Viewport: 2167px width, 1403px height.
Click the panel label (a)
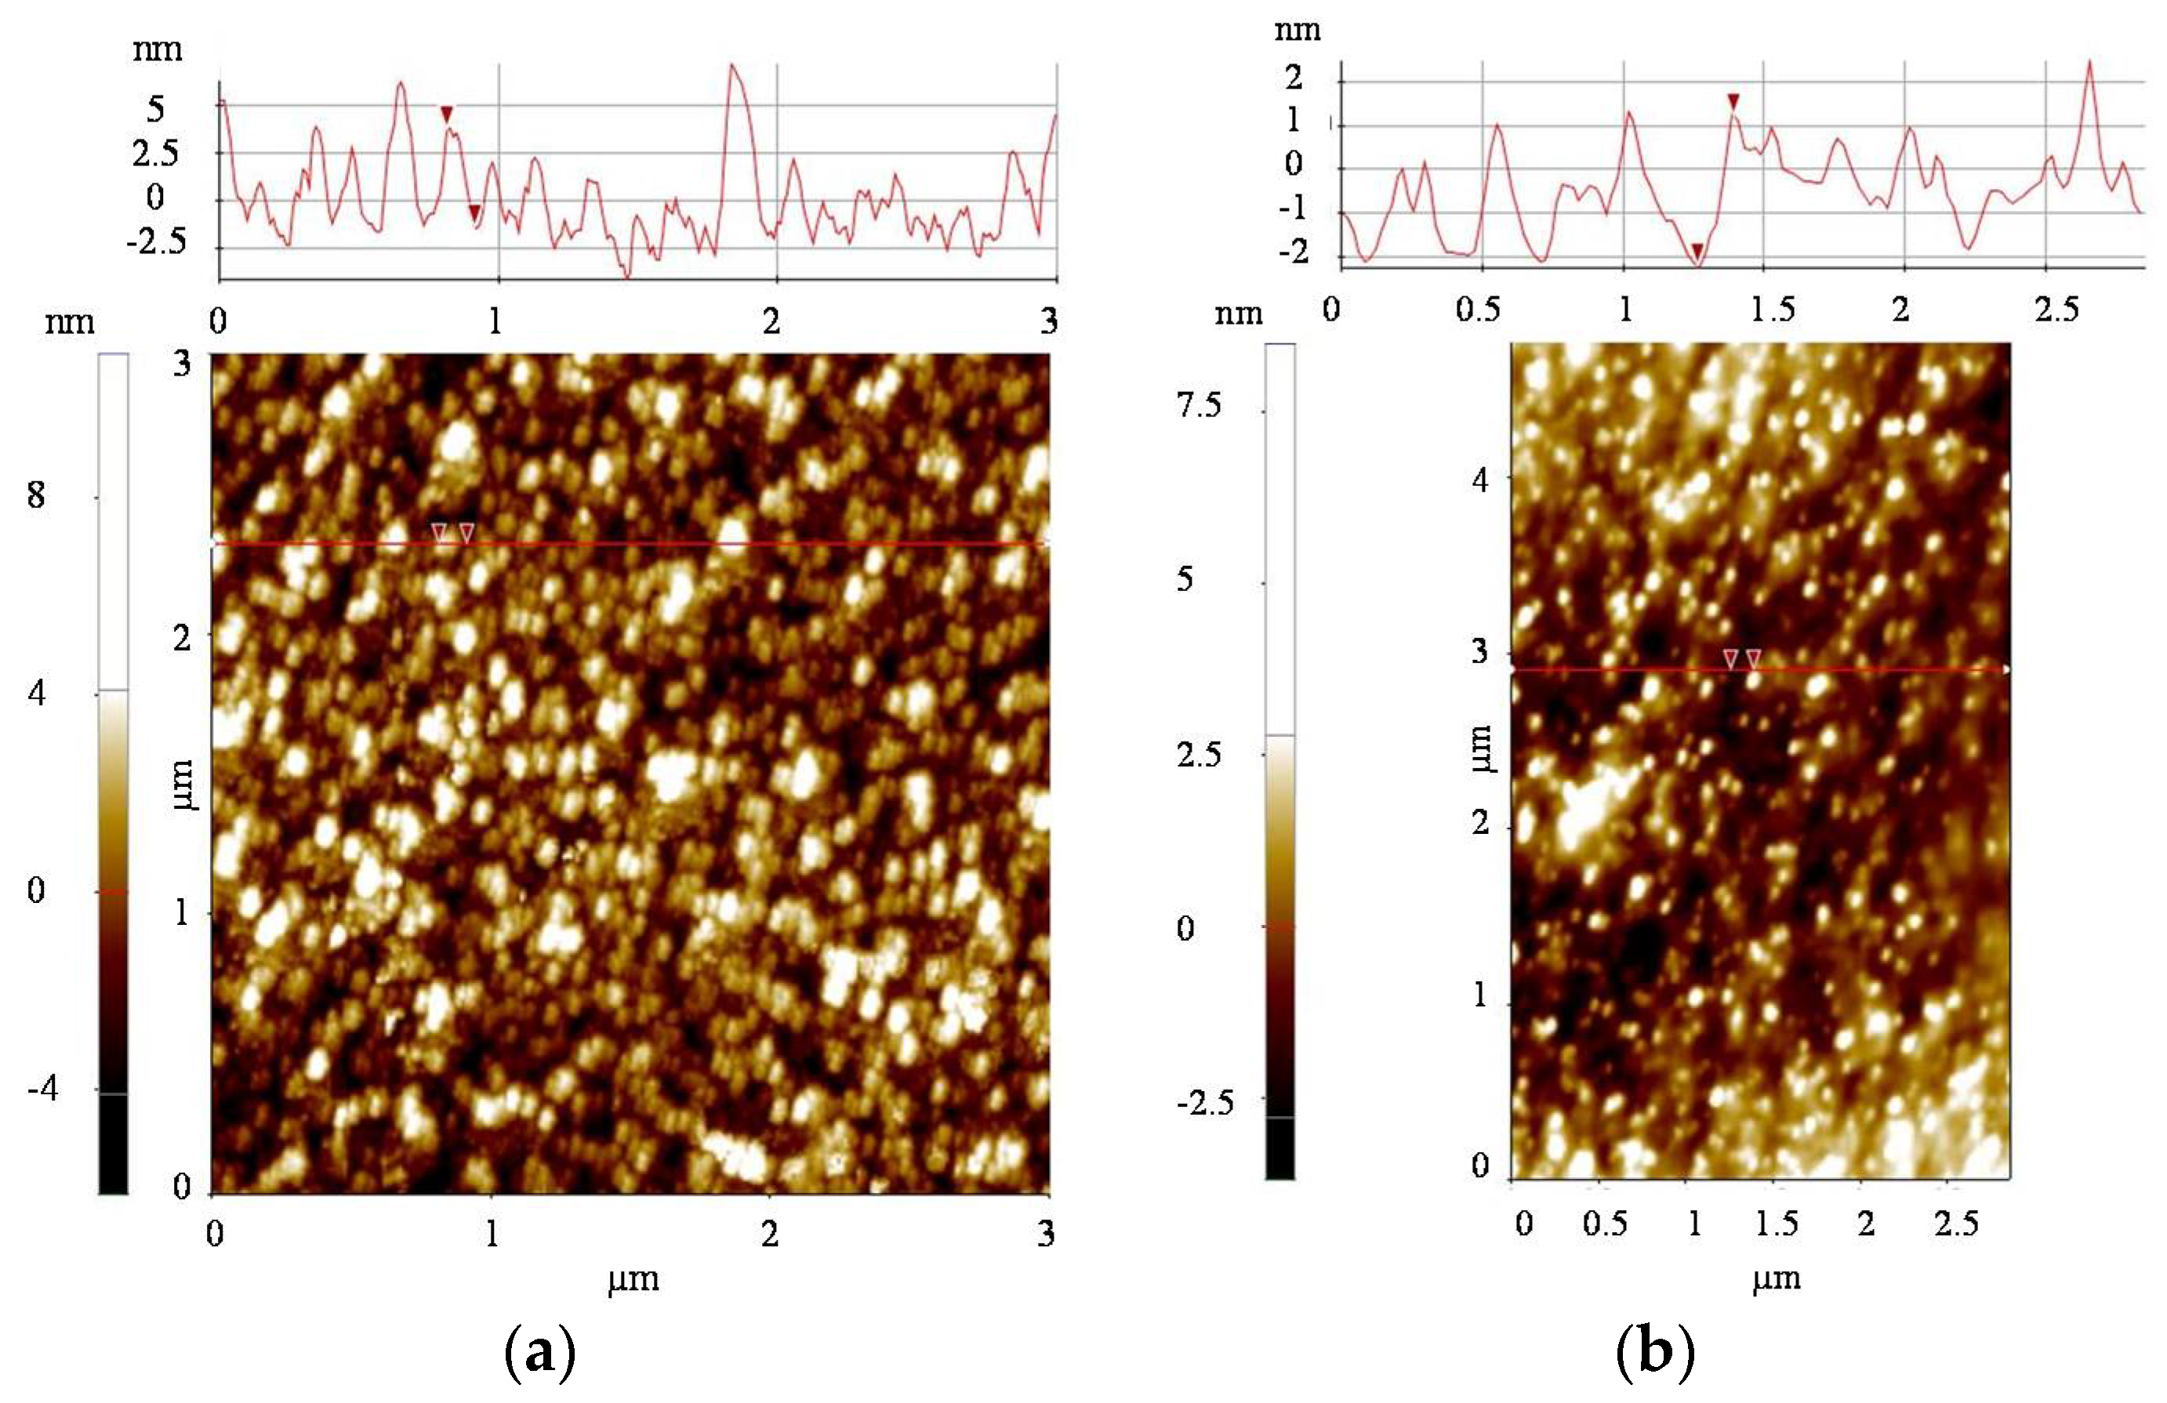pyautogui.click(x=539, y=1352)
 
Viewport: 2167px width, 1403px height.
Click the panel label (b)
pyautogui.click(x=1654, y=1352)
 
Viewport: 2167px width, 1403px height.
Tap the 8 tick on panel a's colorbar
pyautogui.click(x=36, y=495)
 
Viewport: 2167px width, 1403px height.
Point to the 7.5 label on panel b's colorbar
pyautogui.click(x=1199, y=405)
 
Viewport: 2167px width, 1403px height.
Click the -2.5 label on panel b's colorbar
pyautogui.click(x=1204, y=1104)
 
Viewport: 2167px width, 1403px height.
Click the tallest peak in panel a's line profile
pyautogui.click(x=731, y=66)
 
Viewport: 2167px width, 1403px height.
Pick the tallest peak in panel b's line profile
pyautogui.click(x=2089, y=62)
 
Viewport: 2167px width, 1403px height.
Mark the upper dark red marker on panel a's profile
pyautogui.click(x=446, y=114)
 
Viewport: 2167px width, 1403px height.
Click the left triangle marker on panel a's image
pyautogui.click(x=439, y=531)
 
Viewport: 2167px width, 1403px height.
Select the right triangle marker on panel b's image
pyautogui.click(x=1754, y=658)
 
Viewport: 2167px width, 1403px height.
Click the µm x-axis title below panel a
pyautogui.click(x=633, y=1279)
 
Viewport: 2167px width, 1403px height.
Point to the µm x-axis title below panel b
pyautogui.click(x=1776, y=1279)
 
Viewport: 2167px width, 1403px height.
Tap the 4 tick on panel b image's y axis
pyautogui.click(x=1480, y=479)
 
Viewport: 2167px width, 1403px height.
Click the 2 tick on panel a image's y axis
pyautogui.click(x=182, y=637)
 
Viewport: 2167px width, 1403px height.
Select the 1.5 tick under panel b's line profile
pyautogui.click(x=1773, y=310)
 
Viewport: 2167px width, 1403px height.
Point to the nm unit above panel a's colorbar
pyautogui.click(x=69, y=321)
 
